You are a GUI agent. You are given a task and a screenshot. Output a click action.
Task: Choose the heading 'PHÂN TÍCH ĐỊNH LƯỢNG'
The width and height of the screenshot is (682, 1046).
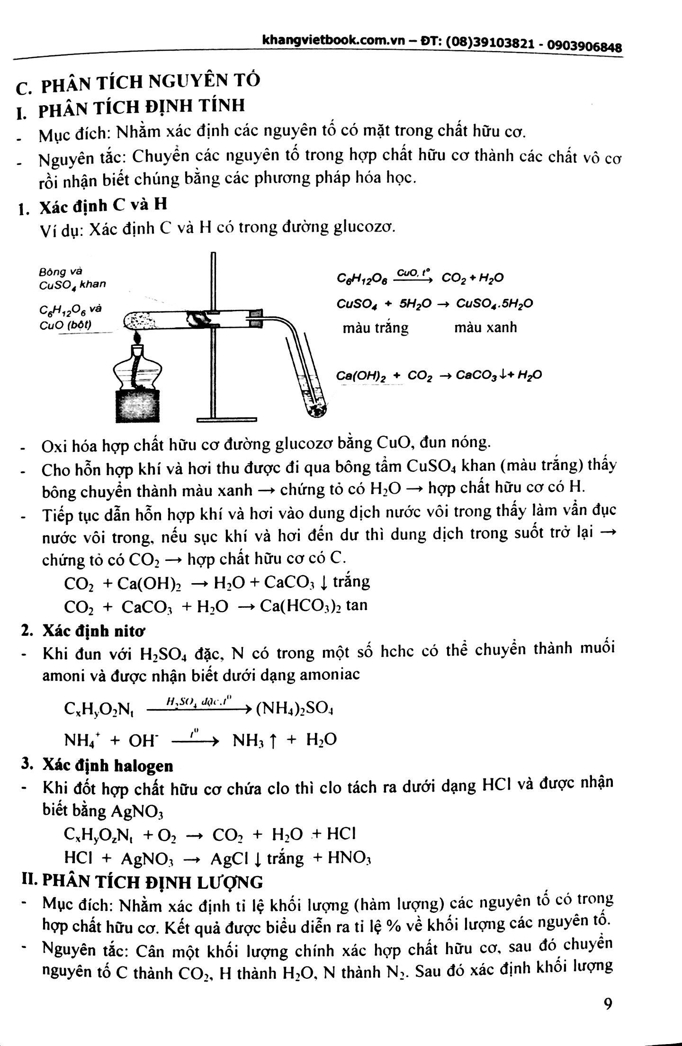tap(152, 881)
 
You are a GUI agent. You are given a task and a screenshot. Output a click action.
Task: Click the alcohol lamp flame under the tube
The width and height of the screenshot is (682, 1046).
tap(138, 338)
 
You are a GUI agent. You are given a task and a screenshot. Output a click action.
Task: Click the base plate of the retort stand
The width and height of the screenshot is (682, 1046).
tap(227, 419)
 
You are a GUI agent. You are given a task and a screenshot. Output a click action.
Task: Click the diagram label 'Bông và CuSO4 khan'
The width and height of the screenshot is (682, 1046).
tap(72, 278)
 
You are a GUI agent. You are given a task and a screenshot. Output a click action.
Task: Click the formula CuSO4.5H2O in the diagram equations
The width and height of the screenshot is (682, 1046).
tap(494, 303)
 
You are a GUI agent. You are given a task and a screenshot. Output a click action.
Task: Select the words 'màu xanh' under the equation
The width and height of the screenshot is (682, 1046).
tap(485, 327)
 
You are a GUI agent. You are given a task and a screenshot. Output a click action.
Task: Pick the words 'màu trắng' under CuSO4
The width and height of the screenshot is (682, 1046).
tap(375, 328)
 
